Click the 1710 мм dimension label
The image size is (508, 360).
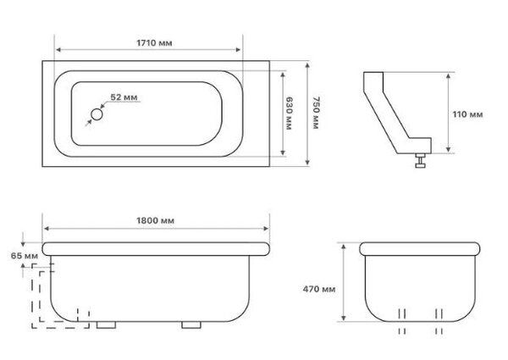(154, 42)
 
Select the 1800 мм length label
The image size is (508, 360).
(155, 221)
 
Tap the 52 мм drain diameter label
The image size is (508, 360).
(124, 97)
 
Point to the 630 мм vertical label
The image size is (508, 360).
(289, 114)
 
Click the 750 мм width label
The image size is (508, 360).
(316, 113)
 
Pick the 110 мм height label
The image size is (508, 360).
(467, 114)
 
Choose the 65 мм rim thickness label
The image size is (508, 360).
(25, 256)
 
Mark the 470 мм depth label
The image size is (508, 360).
(319, 289)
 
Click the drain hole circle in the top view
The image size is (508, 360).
(97, 114)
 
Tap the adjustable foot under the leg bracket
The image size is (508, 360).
(420, 160)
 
